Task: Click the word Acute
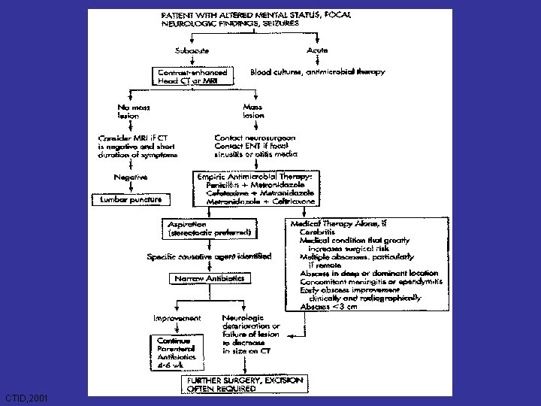(318, 50)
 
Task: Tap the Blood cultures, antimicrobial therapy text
(318, 72)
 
